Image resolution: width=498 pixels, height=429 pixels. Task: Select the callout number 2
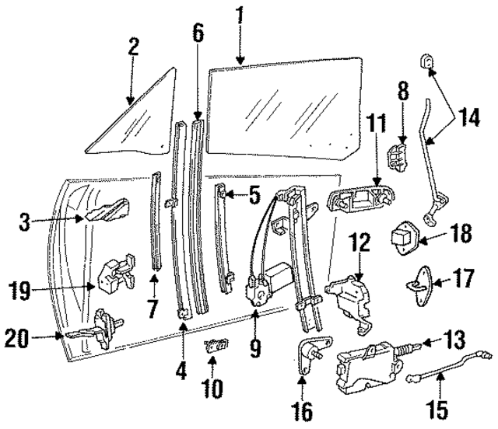(133, 47)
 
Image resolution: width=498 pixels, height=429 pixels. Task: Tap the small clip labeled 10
(212, 346)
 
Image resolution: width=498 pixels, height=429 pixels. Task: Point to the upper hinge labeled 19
(112, 273)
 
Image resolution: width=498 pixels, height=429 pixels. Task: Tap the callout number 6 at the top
(198, 33)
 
